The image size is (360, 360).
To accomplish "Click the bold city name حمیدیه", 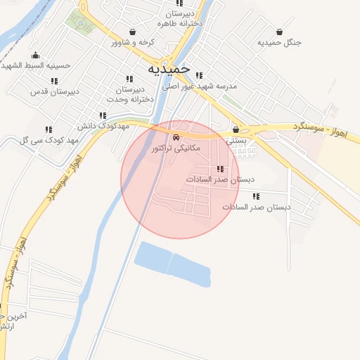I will click(169, 70).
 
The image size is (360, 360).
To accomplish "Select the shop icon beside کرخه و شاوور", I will click(133, 32).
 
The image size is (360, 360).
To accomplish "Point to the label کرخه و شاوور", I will click(133, 42).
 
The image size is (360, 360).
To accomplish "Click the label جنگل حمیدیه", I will click(279, 42).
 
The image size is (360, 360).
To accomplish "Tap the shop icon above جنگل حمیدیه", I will click(280, 32).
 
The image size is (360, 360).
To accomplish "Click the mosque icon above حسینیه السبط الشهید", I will click(35, 56).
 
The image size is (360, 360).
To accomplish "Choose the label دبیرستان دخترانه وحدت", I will click(139, 94).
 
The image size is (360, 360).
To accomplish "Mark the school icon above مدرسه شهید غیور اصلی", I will click(200, 75).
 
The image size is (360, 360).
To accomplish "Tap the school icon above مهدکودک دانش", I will click(103, 115).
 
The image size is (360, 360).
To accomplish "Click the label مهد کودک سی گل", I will click(49, 140).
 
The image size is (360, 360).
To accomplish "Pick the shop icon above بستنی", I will click(236, 129).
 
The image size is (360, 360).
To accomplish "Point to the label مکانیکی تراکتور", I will click(176, 148).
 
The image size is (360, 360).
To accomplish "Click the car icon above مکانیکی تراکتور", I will click(176, 138).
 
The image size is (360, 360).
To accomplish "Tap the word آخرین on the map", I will click(16, 316).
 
